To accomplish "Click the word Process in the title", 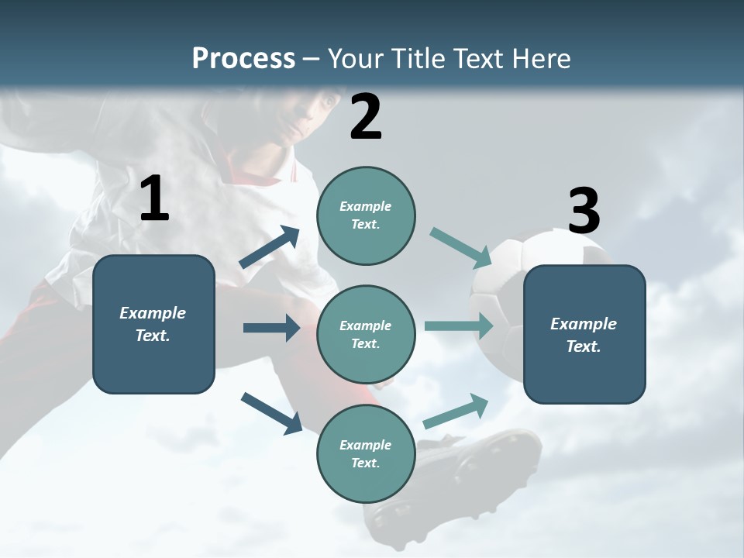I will click(x=243, y=59).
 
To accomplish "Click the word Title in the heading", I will click(x=418, y=59).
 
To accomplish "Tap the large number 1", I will click(x=153, y=199).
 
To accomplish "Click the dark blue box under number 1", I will click(x=153, y=324).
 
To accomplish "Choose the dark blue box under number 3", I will click(x=584, y=334).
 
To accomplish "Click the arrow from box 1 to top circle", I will click(x=270, y=247).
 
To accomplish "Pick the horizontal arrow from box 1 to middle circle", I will click(x=271, y=328).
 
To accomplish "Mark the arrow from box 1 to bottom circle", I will click(x=272, y=412).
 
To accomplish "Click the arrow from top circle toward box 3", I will click(x=460, y=247).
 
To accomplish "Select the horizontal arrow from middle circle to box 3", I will click(x=459, y=325).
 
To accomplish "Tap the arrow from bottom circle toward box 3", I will click(x=456, y=411).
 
